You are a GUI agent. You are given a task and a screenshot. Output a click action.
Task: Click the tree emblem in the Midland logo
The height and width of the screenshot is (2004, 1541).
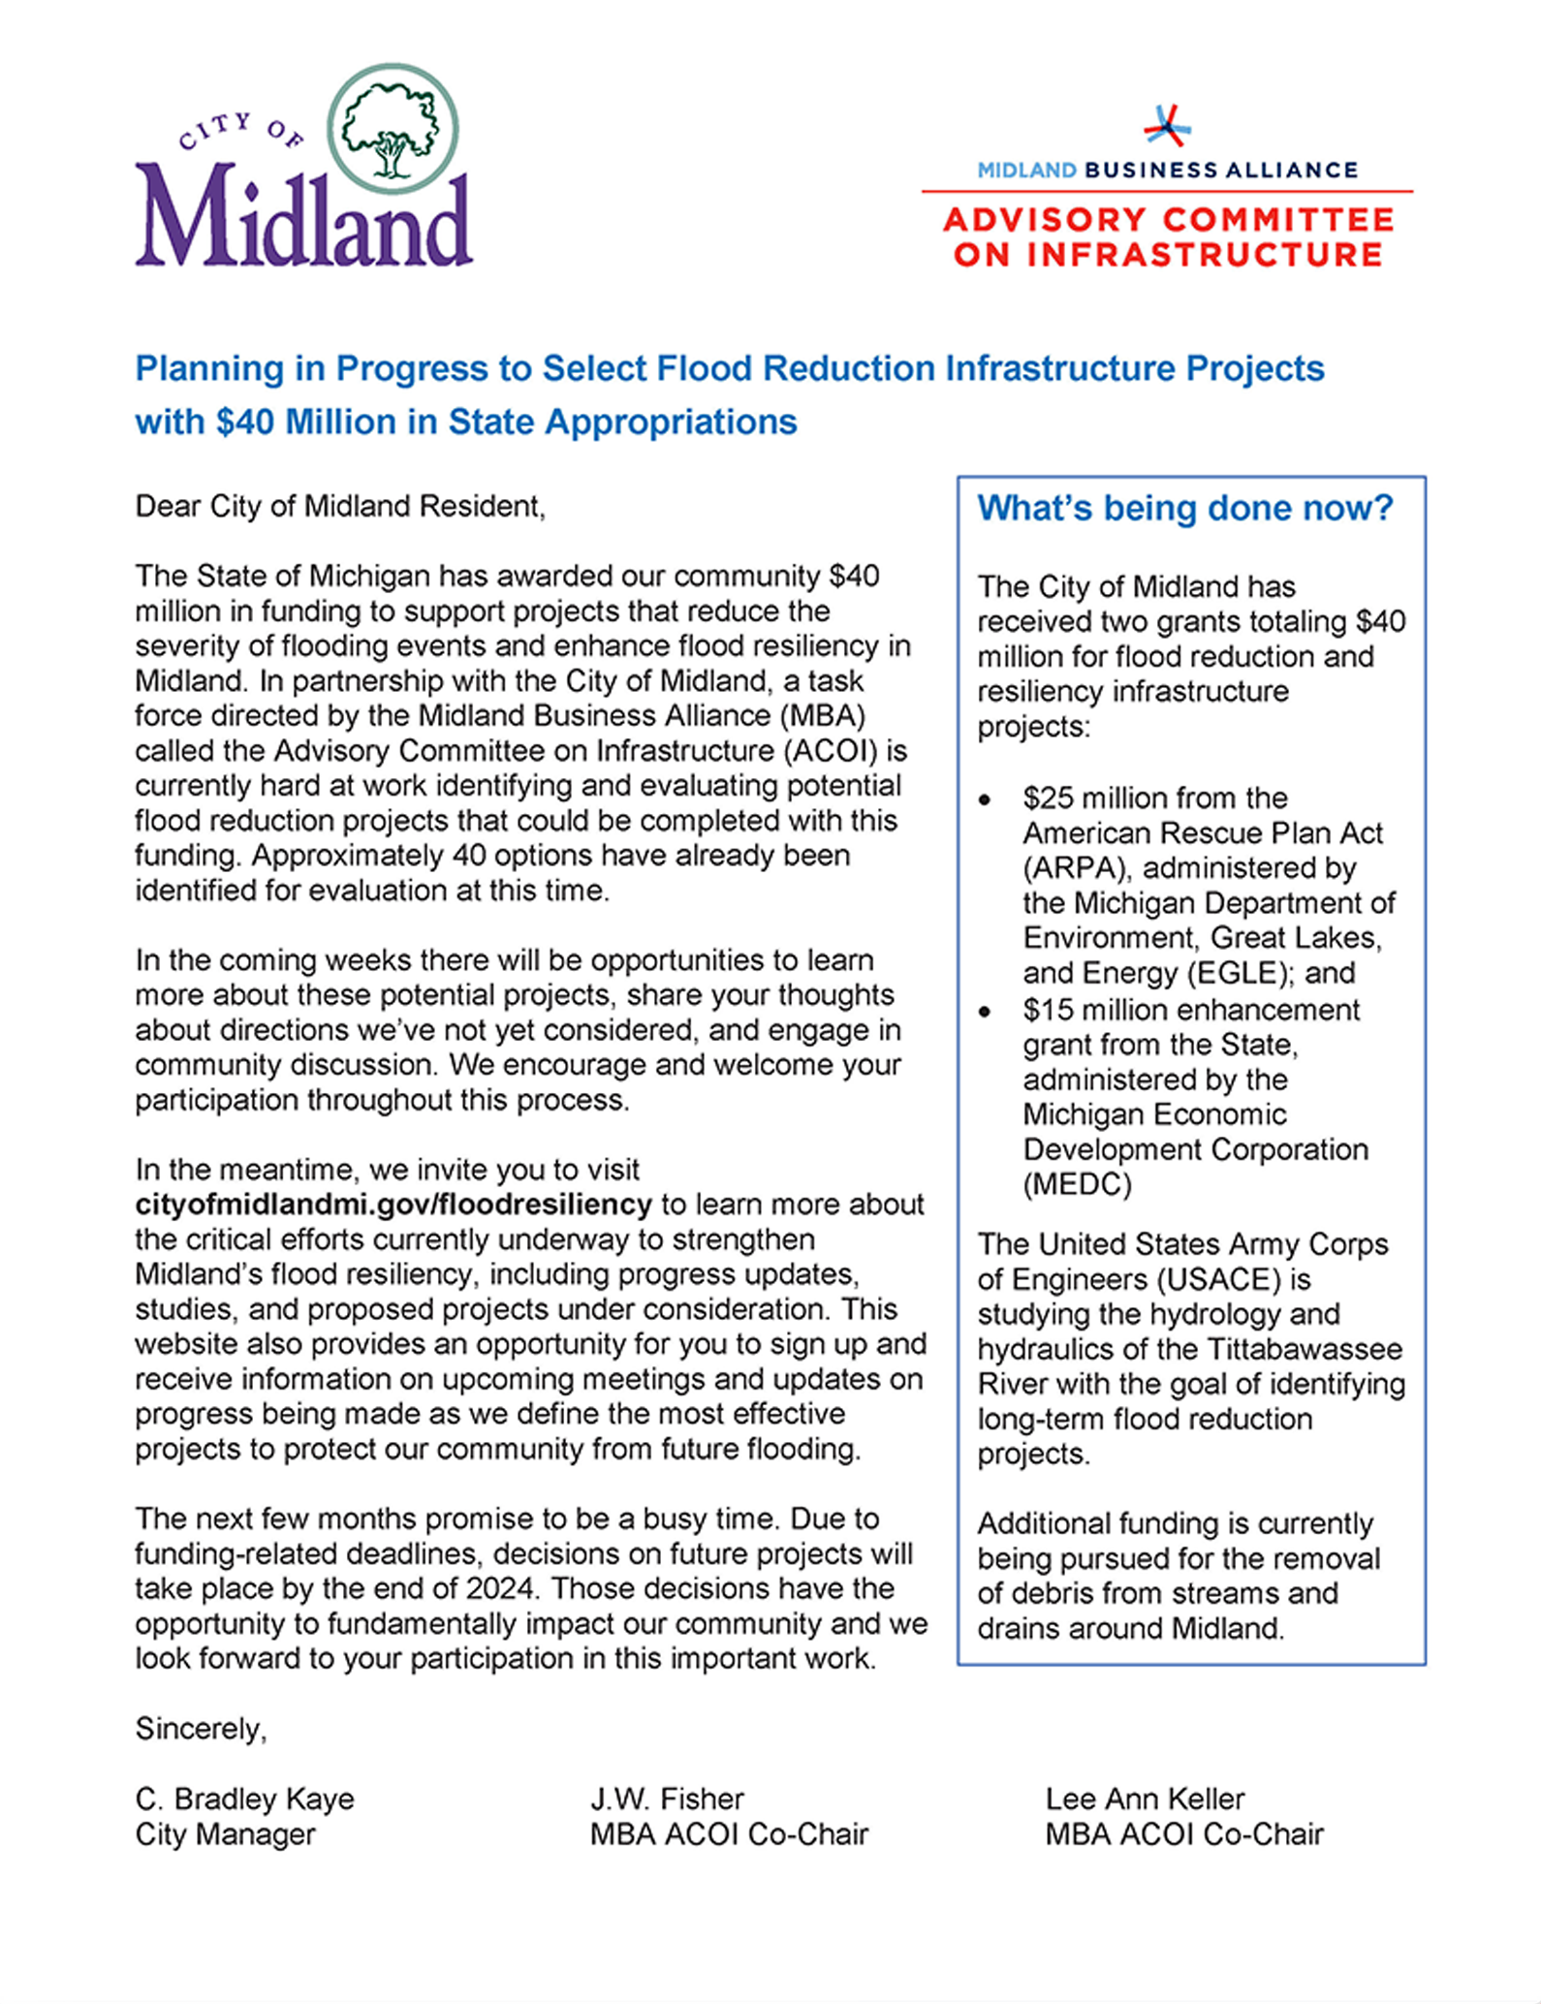pos(393,129)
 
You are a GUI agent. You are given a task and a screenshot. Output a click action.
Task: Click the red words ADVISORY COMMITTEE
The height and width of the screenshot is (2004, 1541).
pos(1168,220)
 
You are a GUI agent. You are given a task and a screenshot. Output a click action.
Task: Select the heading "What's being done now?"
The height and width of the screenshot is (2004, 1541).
pos(1184,508)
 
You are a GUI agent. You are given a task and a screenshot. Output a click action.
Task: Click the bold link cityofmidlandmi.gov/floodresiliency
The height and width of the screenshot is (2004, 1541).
pos(393,1205)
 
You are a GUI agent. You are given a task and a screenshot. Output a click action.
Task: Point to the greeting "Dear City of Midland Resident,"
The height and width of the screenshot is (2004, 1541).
pos(340,506)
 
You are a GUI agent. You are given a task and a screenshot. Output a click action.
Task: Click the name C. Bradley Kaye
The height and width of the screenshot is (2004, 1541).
pos(244,1799)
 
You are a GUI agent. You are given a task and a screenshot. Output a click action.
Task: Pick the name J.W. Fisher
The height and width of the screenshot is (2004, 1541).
pos(667,1799)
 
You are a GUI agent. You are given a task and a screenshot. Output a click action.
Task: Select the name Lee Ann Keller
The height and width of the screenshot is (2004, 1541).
pos(1145,1799)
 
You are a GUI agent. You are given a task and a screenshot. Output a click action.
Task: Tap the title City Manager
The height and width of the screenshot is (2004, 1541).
pos(225,1833)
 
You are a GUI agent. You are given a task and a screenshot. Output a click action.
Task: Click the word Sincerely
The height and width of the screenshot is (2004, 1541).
pos(200,1729)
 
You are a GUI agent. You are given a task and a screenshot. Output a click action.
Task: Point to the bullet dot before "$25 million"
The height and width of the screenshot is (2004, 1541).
pos(985,799)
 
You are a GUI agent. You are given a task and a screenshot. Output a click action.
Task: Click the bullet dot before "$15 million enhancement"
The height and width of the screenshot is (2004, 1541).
pos(985,1012)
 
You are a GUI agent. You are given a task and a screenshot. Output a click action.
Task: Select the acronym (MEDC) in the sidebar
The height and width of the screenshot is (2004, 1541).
pos(1077,1184)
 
